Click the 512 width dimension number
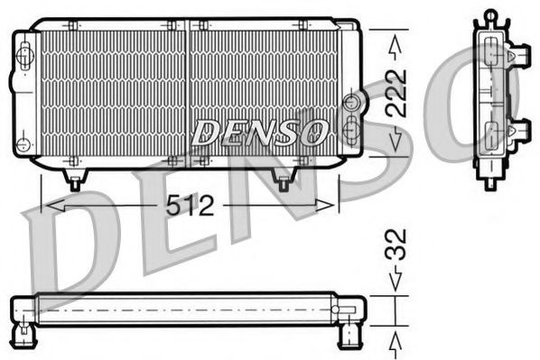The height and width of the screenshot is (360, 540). [191, 207]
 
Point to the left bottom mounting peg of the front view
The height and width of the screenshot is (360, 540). [75, 180]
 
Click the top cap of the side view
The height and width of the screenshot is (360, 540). [490, 16]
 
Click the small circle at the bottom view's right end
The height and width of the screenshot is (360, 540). [336, 310]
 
